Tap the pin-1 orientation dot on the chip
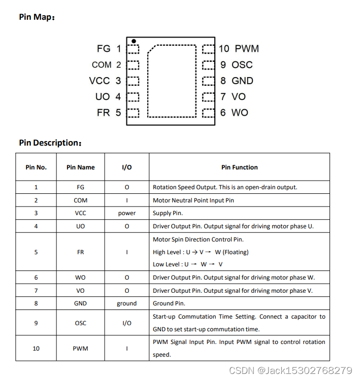click(x=134, y=41)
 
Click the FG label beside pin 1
click(x=103, y=49)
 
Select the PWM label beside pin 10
click(x=247, y=49)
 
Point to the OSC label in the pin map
click(x=242, y=65)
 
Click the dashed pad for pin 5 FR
click(x=133, y=113)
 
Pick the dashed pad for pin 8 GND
click(x=208, y=81)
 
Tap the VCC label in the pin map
click(x=99, y=81)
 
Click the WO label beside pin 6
click(x=240, y=113)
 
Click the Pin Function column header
click(x=239, y=167)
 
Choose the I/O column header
click(x=126, y=167)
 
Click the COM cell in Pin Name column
click(x=80, y=200)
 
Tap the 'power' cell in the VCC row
click(x=126, y=213)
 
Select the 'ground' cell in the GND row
click(x=126, y=303)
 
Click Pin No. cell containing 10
click(x=36, y=349)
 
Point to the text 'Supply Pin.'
click(x=168, y=213)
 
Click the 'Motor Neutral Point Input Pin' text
click(x=193, y=200)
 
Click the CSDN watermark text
click(x=290, y=370)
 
